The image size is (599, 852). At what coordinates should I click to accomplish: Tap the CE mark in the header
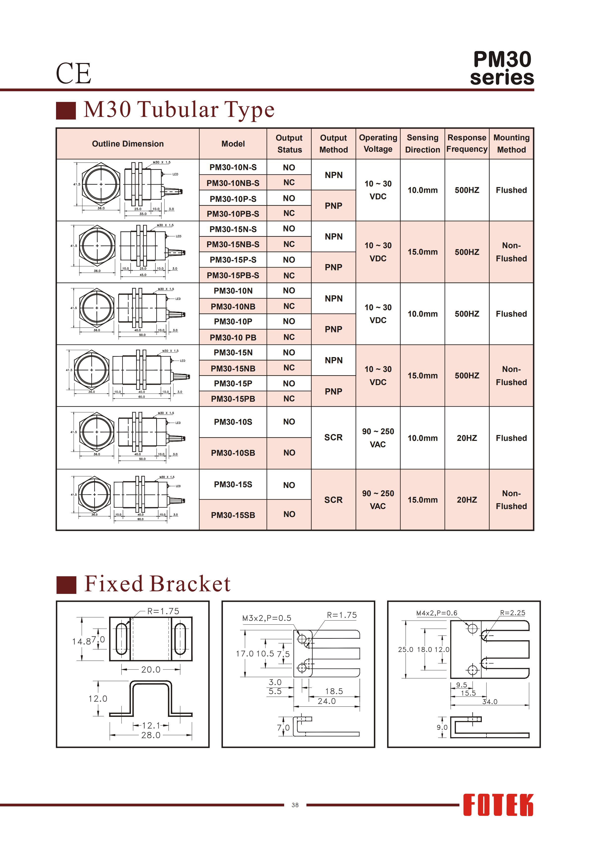coord(73,73)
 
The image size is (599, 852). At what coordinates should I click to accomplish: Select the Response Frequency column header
coord(467,144)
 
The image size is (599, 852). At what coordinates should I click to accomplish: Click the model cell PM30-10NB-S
coord(233,183)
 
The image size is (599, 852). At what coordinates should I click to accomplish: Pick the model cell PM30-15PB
coord(233,399)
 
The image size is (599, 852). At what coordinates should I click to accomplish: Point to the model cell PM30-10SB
coord(233,453)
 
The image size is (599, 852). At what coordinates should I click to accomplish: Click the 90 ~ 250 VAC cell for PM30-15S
coord(378,500)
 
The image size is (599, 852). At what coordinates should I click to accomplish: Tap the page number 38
coord(295,805)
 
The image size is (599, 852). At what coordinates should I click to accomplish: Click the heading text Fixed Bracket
coord(157,584)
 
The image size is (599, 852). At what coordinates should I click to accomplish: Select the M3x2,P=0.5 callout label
coord(267,618)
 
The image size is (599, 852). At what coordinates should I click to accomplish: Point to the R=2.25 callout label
coord(512,613)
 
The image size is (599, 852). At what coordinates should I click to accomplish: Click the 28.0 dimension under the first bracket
coord(151,735)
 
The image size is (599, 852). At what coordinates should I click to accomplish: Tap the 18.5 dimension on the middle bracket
coord(334,691)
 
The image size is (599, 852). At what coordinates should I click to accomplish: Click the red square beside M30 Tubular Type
coord(66,111)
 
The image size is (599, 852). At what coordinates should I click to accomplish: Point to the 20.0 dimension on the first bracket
coord(151,670)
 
